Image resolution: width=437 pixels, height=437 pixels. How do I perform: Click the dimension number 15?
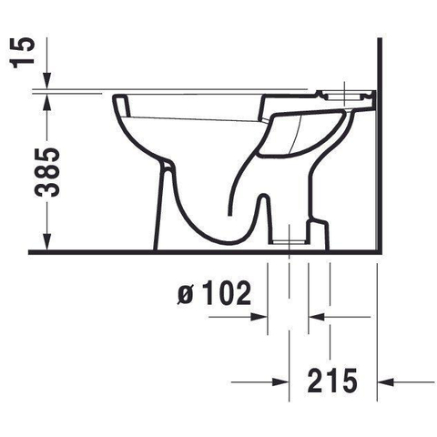(22, 53)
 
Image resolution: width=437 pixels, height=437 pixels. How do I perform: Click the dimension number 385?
(47, 172)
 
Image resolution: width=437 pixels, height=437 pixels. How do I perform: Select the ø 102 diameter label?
(214, 293)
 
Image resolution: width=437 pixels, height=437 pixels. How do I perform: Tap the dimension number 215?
(332, 381)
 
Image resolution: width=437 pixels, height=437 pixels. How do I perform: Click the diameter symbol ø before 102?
(185, 295)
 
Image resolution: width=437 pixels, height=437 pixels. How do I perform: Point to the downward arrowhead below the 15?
(47, 81)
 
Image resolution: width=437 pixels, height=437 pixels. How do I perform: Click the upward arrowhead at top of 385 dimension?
(47, 102)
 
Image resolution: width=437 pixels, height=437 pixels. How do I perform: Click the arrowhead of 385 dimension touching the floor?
(47, 242)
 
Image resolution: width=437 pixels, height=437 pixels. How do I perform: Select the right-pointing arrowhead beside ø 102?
(259, 317)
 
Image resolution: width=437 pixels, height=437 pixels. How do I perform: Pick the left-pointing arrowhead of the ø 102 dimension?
(317, 317)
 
